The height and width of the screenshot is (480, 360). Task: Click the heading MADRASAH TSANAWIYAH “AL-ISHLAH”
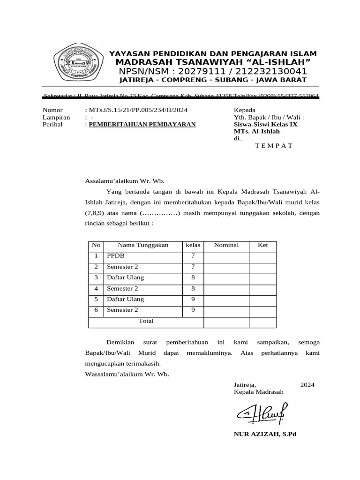tap(213, 63)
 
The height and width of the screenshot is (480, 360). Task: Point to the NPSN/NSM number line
tap(213, 71)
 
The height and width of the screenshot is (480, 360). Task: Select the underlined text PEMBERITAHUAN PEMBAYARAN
tap(142, 124)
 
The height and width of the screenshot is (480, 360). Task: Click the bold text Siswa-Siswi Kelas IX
tap(265, 124)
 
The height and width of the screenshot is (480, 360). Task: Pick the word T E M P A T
tap(274, 145)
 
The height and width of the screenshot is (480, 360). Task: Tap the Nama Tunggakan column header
tap(143, 245)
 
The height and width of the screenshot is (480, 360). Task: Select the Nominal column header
tap(226, 245)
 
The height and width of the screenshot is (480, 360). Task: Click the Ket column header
tap(263, 245)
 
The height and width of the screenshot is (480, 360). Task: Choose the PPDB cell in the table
tap(114, 256)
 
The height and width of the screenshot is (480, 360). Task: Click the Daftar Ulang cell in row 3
tap(125, 277)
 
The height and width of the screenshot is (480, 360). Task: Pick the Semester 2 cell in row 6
tap(122, 310)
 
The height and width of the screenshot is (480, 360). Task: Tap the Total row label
tap(146, 321)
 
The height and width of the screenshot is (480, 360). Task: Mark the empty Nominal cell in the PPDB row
tap(226, 256)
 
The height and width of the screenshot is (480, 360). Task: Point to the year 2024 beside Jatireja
tap(307, 384)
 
